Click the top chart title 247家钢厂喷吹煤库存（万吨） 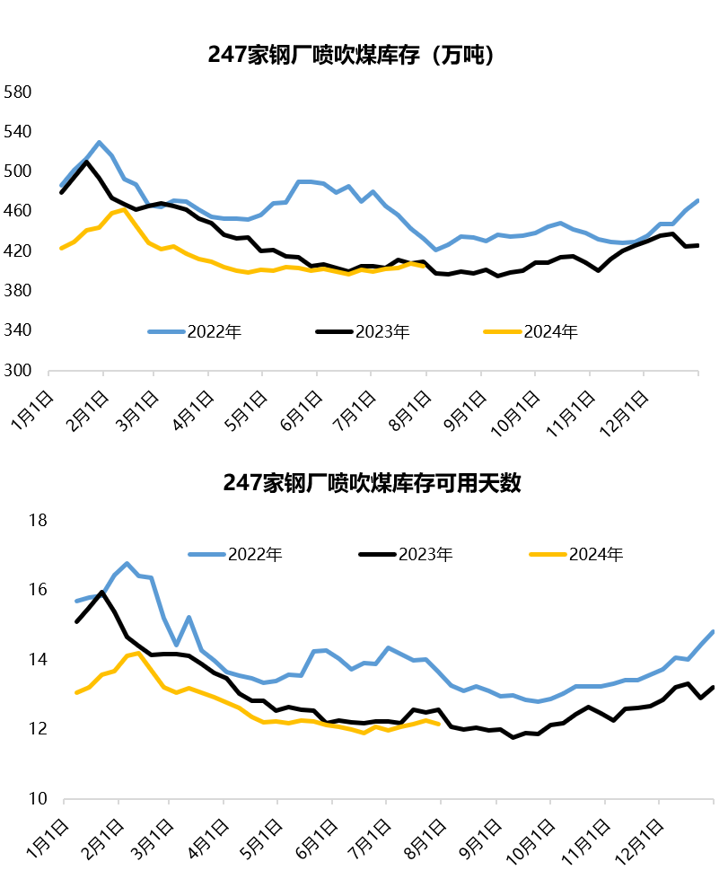pyautogui.click(x=351, y=56)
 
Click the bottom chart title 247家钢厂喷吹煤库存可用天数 pyautogui.click(x=373, y=483)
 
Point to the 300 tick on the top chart pyautogui.click(x=19, y=370)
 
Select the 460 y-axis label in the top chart pyautogui.click(x=19, y=211)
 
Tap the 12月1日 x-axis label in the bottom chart pyautogui.click(x=645, y=832)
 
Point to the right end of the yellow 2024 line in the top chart pyautogui.click(x=424, y=266)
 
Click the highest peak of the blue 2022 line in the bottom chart pyautogui.click(x=127, y=563)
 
